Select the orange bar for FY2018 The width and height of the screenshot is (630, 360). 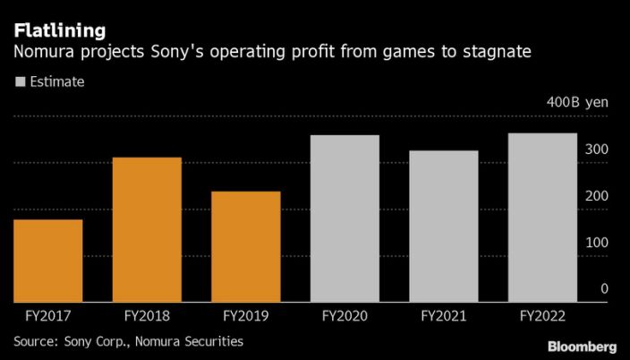(147, 229)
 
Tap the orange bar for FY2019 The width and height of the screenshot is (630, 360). (245, 246)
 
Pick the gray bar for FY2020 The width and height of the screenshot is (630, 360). (345, 219)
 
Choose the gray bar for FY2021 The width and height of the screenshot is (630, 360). (444, 226)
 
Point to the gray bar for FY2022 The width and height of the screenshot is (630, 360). (542, 218)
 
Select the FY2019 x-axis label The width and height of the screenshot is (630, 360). (245, 316)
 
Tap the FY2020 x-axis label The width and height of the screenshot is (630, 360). (345, 316)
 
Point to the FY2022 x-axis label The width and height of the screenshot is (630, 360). (542, 316)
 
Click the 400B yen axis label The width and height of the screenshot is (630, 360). (577, 102)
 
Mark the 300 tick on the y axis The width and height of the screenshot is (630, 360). (599, 149)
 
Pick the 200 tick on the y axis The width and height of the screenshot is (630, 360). (599, 196)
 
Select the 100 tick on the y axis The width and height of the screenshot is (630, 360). (599, 243)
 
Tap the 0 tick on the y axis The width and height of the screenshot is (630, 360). (605, 289)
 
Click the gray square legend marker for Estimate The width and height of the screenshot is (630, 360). (19, 81)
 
